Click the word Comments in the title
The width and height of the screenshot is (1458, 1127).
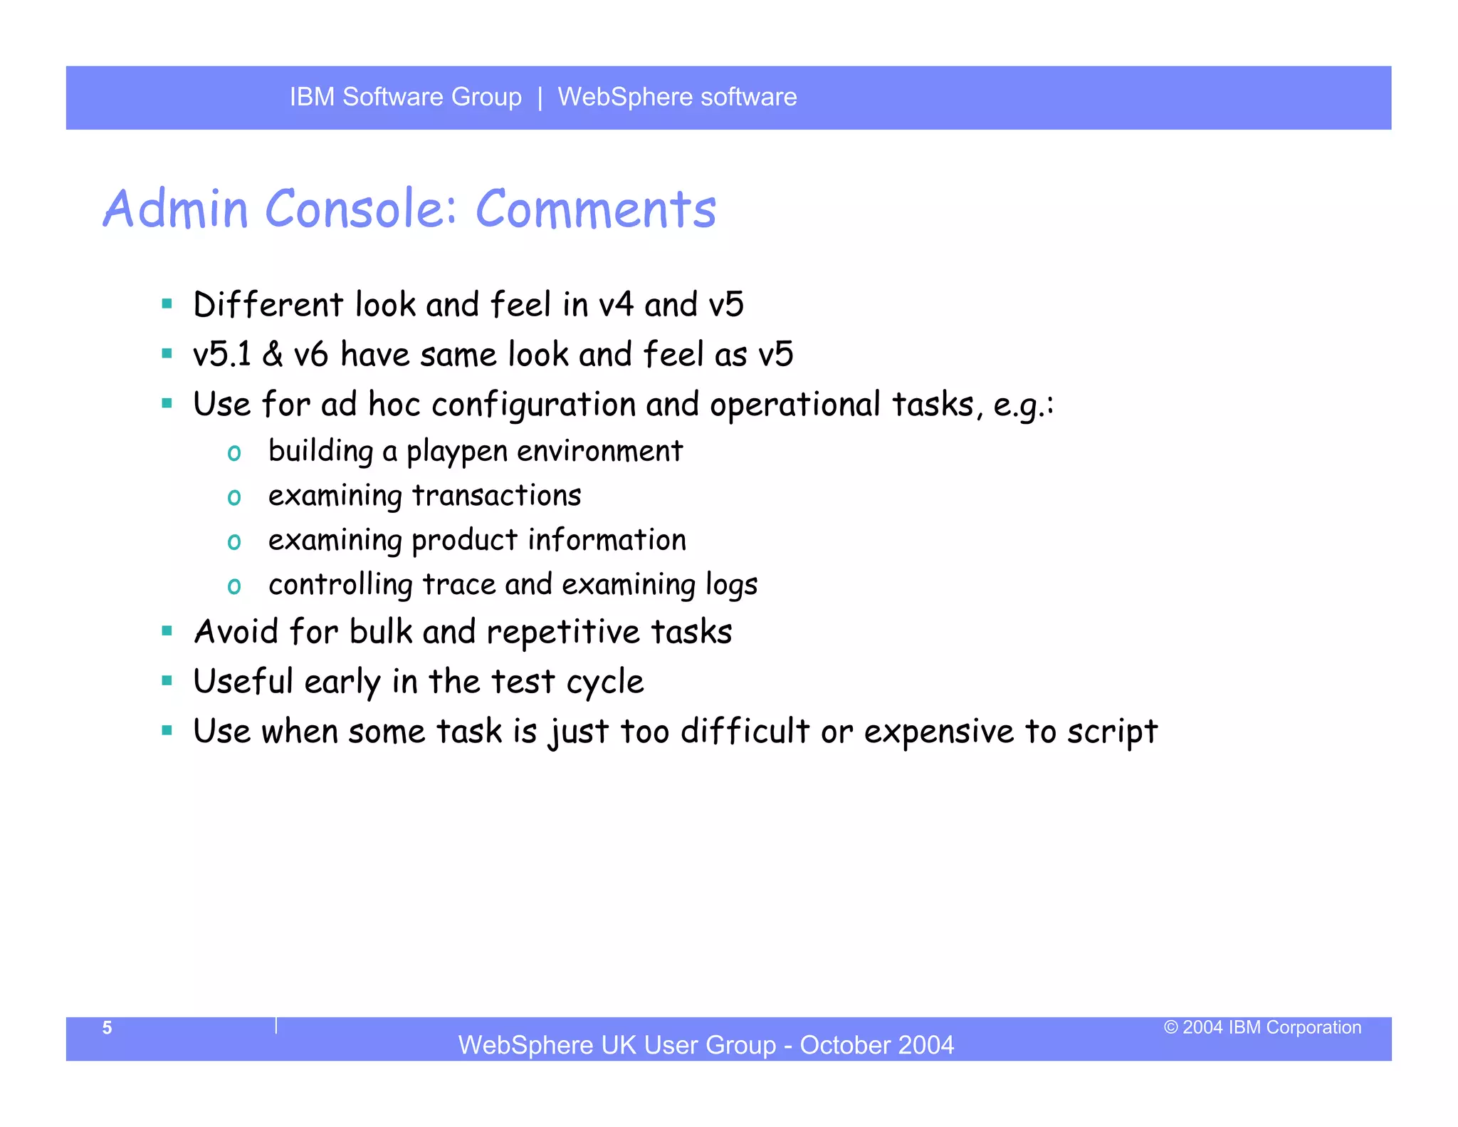click(596, 209)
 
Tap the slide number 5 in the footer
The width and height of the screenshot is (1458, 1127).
click(107, 1028)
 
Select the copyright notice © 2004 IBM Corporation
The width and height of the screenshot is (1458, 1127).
click(1262, 1027)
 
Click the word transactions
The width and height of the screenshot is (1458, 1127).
click(497, 496)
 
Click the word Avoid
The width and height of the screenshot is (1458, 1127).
click(236, 632)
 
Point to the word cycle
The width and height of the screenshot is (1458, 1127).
click(605, 682)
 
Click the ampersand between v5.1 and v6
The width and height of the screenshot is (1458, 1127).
click(273, 355)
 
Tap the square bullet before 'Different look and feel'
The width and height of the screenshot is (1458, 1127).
click(167, 304)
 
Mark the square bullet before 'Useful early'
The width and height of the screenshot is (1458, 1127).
click(167, 681)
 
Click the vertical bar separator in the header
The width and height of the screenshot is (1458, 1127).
click(540, 98)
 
